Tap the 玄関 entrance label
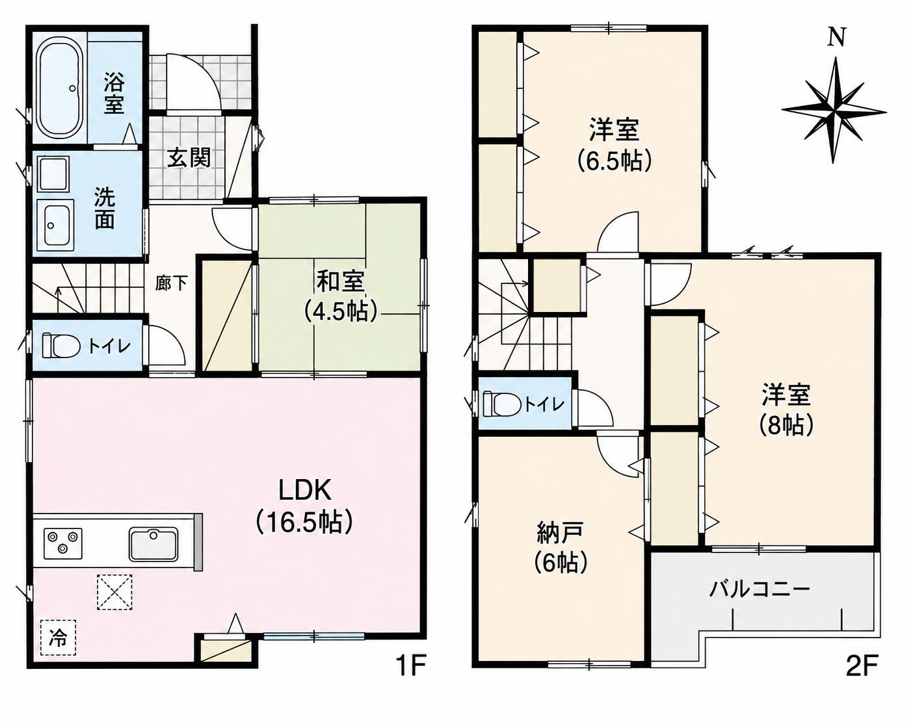(x=189, y=159)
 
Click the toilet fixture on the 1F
(x=61, y=346)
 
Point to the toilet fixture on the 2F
(x=501, y=404)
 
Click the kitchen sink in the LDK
(x=153, y=544)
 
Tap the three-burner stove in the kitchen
(x=63, y=542)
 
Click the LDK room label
(x=304, y=491)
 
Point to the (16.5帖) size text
(x=304, y=523)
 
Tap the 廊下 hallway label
(x=171, y=283)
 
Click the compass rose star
(x=834, y=110)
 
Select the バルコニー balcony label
(x=760, y=591)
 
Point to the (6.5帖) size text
(x=614, y=161)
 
